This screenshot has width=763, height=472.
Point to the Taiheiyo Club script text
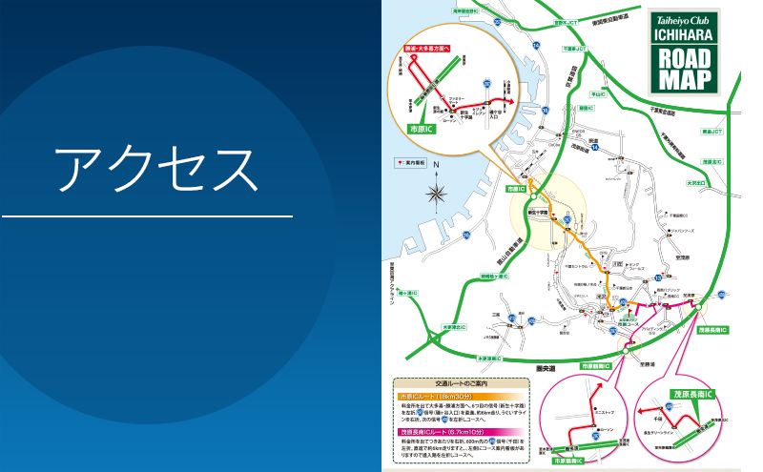pyautogui.click(x=684, y=16)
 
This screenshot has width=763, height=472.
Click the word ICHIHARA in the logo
pyautogui.click(x=684, y=33)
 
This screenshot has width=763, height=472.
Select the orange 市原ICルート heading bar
pyautogui.click(x=461, y=395)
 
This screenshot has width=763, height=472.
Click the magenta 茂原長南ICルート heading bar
pyautogui.click(x=461, y=430)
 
